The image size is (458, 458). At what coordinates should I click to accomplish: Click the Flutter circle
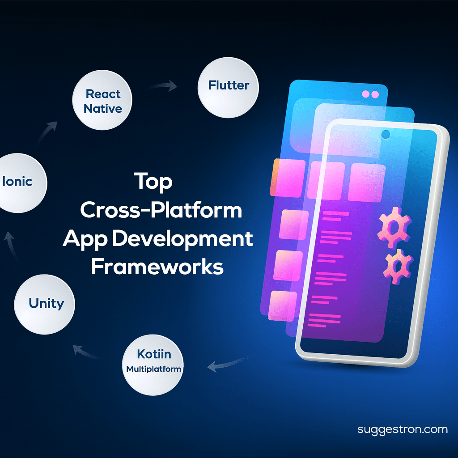click(x=228, y=88)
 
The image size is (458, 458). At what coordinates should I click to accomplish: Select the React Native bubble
click(x=103, y=102)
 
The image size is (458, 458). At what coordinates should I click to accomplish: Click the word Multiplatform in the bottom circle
click(x=153, y=369)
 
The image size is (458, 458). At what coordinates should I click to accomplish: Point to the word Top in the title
click(x=153, y=182)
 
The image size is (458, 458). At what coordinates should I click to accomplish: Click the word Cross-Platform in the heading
click(x=161, y=210)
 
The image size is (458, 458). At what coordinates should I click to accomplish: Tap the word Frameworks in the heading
click(x=157, y=267)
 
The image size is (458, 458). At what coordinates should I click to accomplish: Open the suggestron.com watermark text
click(x=403, y=429)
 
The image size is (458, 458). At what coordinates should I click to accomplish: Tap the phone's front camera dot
click(x=385, y=134)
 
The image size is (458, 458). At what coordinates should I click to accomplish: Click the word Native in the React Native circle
click(x=103, y=108)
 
